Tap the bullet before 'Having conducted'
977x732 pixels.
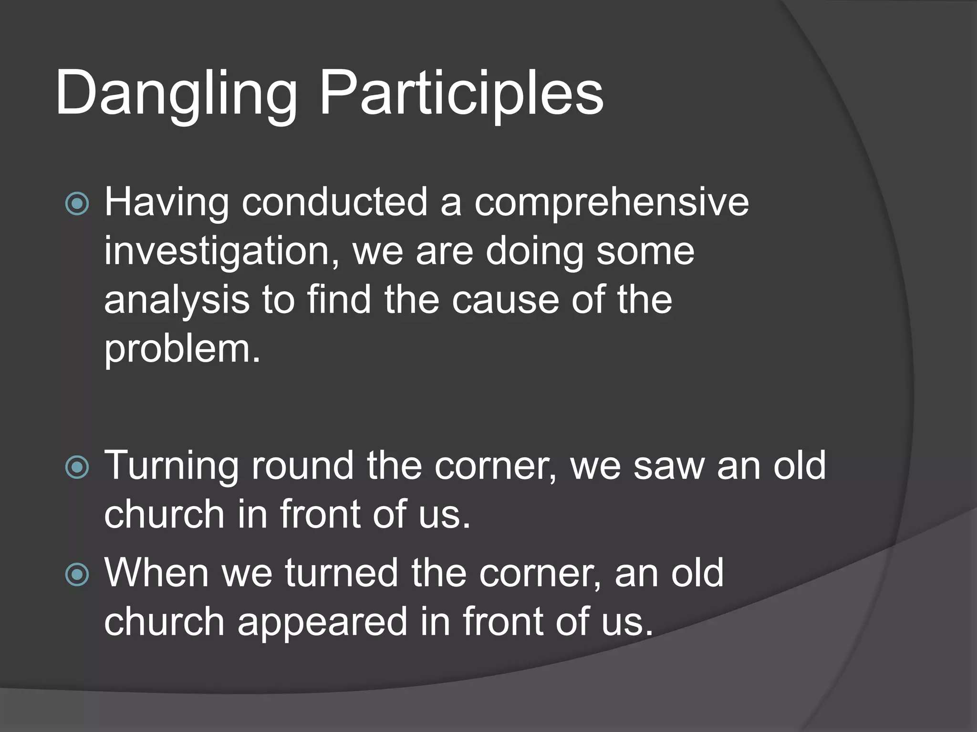[77, 204]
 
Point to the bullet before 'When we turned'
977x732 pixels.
[77, 575]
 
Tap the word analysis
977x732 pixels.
[177, 301]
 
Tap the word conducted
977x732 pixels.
[334, 203]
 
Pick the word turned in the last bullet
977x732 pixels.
[342, 574]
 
